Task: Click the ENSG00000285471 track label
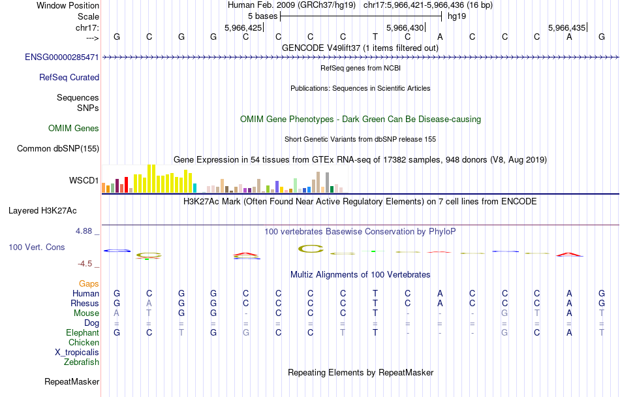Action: (62, 57)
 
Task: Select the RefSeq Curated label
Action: (69, 77)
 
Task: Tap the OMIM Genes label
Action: (74, 128)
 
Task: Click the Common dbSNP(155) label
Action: (58, 148)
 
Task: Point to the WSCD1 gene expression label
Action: (84, 180)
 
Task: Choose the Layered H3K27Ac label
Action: (42, 210)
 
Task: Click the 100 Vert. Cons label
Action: (38, 247)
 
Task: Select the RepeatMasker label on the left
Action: (72, 381)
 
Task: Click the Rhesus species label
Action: (85, 304)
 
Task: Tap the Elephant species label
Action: (83, 333)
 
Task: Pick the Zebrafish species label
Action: (82, 362)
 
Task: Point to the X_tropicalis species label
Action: (77, 352)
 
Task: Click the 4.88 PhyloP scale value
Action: (85, 231)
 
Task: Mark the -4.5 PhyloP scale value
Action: (85, 264)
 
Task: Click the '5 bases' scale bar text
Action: (262, 16)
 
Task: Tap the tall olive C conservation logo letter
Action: (311, 249)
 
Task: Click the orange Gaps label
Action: (89, 284)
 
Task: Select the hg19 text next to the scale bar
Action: (457, 16)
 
